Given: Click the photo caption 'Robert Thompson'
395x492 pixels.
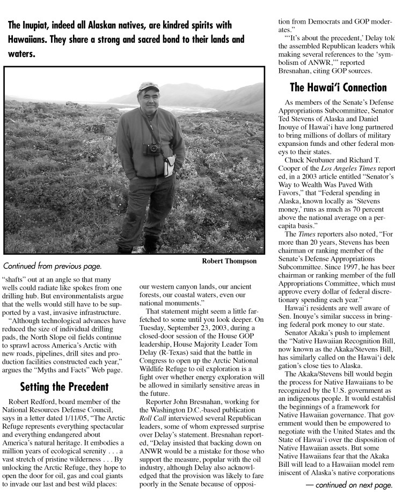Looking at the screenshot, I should coord(229,261).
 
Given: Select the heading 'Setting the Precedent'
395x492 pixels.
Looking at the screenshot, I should coord(64,386).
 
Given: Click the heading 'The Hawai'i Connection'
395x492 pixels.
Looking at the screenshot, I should coord(338,87).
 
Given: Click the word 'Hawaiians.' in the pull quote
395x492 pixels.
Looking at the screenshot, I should coord(26,40).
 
